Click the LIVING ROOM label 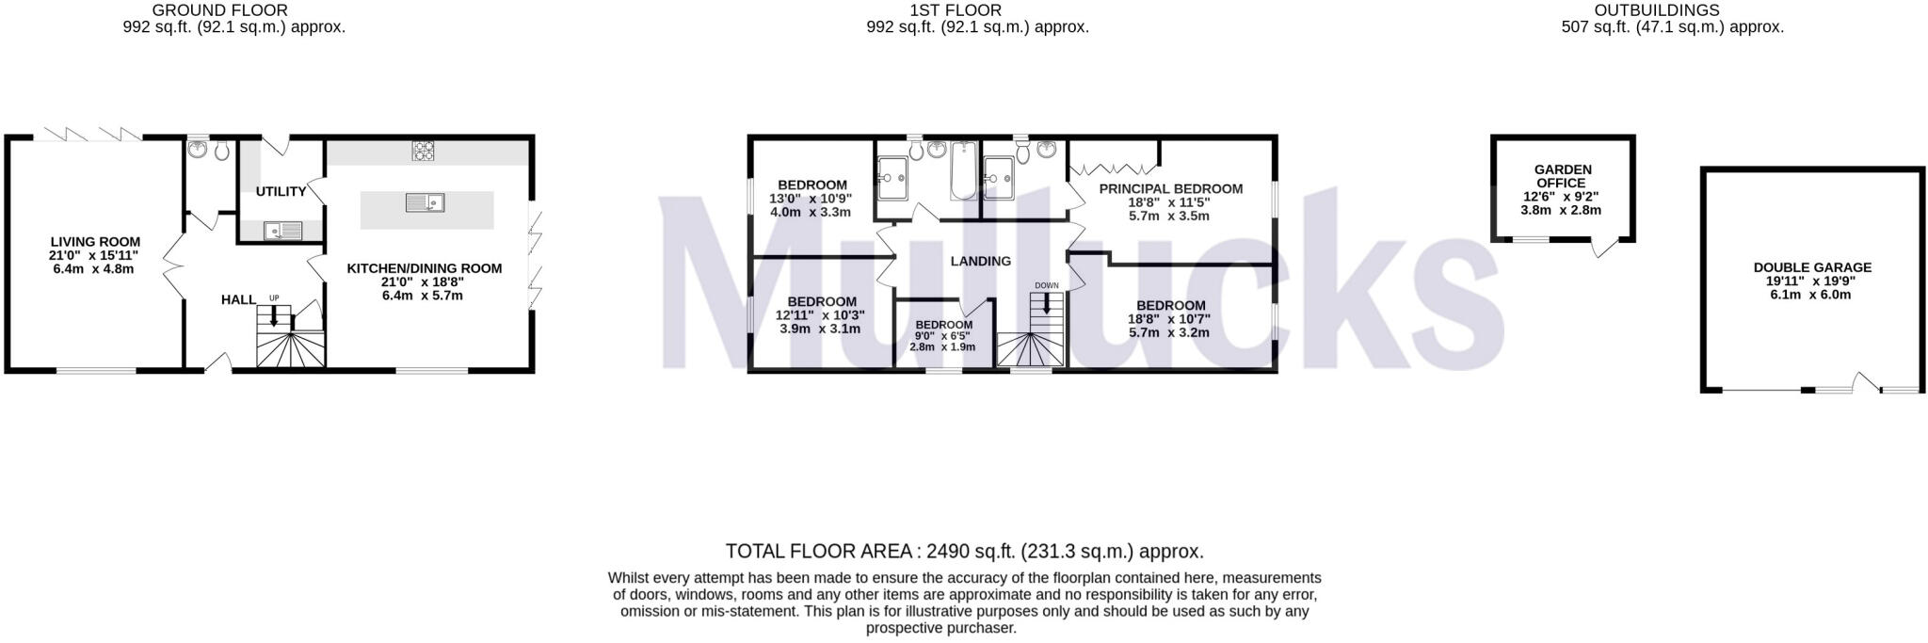pos(95,242)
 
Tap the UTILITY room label pos(281,191)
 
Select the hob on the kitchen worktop pos(424,150)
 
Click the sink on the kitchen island pos(425,202)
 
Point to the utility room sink pos(281,229)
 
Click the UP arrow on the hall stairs pos(274,317)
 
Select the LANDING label pos(980,261)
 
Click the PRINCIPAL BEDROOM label pos(1170,188)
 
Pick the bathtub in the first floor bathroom pos(963,170)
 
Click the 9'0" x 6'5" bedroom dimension pos(942,336)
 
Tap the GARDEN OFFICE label pos(1563,176)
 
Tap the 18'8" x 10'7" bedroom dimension pos(1169,319)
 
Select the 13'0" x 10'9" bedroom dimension pos(811,199)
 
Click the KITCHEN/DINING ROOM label pos(424,268)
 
